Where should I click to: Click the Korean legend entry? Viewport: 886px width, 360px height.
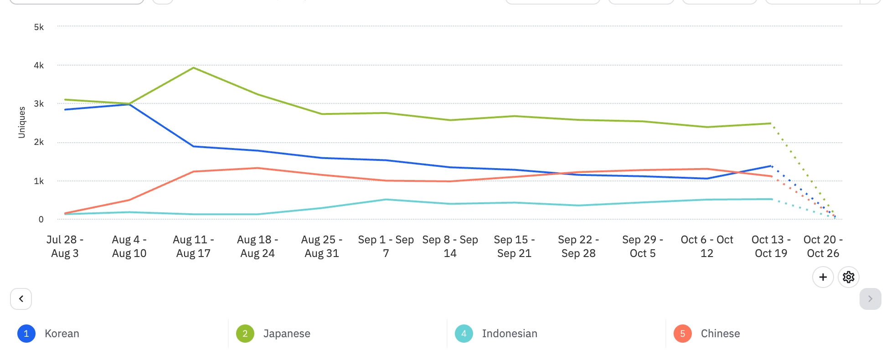(x=62, y=334)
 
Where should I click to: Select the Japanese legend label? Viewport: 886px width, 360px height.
(x=286, y=334)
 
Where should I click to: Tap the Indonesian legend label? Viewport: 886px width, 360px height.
(x=509, y=334)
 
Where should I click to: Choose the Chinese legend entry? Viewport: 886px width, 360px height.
(x=720, y=334)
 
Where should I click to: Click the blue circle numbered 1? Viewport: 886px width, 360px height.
(x=26, y=334)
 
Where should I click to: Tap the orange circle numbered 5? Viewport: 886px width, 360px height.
(x=682, y=334)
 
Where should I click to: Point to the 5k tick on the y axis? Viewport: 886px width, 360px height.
(x=39, y=27)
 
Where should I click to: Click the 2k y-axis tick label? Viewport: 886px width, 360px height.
(x=39, y=142)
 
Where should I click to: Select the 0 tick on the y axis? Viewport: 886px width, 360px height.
(x=41, y=220)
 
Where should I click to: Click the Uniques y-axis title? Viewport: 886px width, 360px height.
(x=21, y=122)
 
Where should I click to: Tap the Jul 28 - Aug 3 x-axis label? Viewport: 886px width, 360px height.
(x=65, y=247)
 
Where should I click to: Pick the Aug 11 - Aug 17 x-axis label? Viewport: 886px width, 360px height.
(x=193, y=247)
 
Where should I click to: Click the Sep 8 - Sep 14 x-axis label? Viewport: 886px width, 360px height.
(x=450, y=247)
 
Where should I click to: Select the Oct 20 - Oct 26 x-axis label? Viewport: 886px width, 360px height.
(x=823, y=247)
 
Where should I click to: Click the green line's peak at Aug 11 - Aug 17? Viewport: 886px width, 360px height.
(x=194, y=68)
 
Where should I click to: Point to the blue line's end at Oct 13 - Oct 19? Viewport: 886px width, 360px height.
(x=771, y=166)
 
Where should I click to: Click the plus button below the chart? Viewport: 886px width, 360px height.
(x=823, y=277)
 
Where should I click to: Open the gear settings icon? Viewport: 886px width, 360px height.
(x=848, y=277)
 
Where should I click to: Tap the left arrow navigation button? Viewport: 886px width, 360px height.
(x=21, y=299)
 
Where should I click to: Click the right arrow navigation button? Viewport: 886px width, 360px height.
(x=870, y=299)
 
